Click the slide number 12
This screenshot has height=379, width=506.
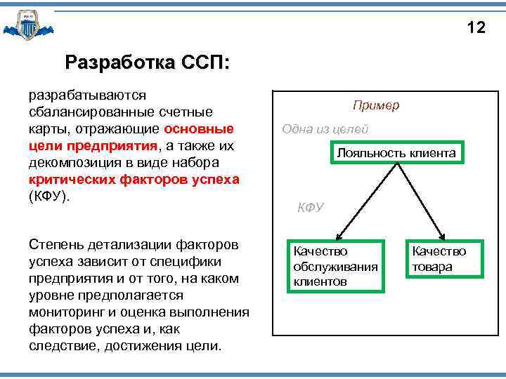(476, 27)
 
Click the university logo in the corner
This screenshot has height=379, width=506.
(27, 25)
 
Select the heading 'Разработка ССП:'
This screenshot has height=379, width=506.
(146, 62)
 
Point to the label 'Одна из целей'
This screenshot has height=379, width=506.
(325, 129)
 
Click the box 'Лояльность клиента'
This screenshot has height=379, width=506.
(396, 153)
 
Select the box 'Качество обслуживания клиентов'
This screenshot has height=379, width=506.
(336, 266)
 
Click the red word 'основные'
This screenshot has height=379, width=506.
(199, 129)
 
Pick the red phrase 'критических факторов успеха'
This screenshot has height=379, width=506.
(134, 180)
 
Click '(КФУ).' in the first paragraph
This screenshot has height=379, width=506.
(50, 197)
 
